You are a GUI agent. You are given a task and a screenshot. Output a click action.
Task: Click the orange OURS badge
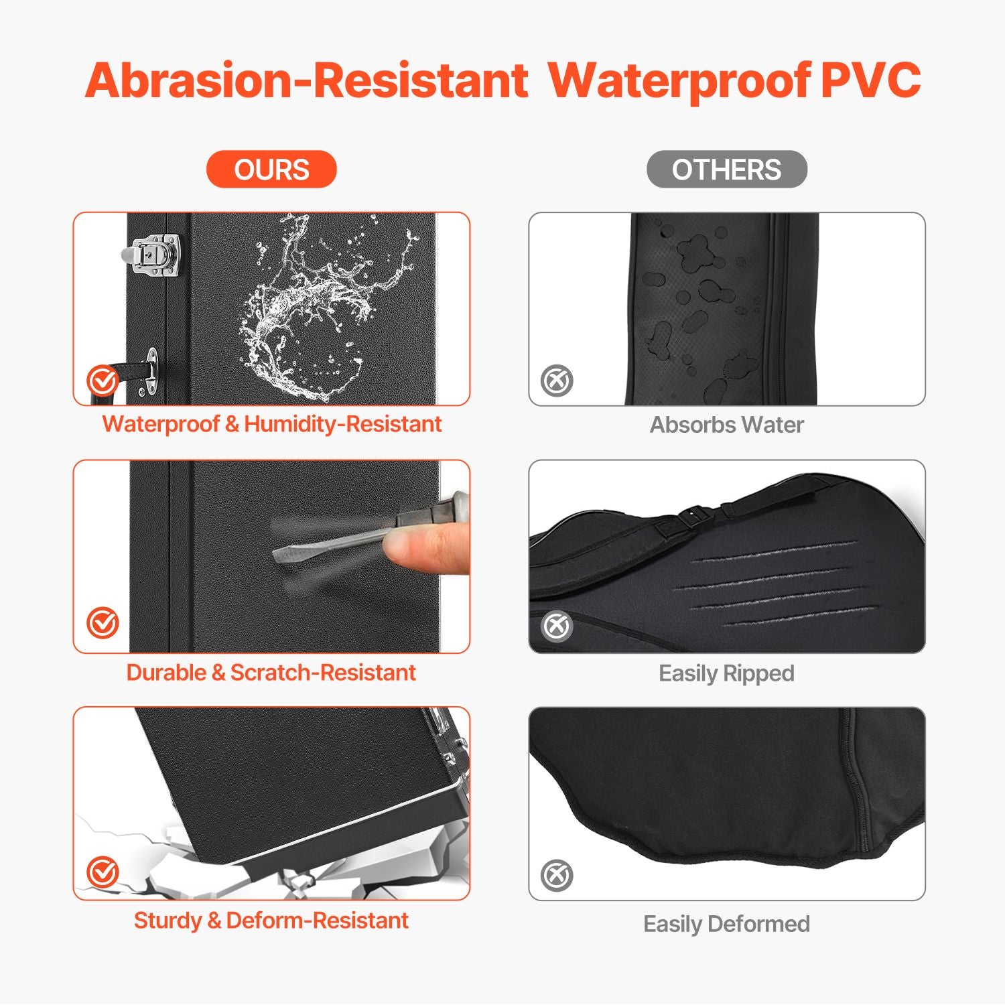(271, 169)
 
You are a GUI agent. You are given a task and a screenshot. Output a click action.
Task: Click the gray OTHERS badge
(727, 169)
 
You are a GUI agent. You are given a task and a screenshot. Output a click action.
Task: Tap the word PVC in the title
(870, 80)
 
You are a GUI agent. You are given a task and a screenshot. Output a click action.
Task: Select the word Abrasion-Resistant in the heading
(307, 80)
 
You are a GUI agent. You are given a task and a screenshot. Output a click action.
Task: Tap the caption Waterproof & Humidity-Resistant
(271, 424)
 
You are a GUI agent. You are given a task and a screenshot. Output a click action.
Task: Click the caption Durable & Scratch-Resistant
(271, 672)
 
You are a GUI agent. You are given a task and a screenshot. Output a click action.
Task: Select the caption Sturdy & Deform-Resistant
(271, 920)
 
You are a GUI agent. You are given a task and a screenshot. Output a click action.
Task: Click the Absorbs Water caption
(727, 425)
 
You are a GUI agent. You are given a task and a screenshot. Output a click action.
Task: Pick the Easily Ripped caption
(727, 673)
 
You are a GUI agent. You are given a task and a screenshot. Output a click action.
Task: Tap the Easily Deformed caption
(727, 924)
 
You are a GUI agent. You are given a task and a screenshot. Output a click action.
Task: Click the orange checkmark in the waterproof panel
(103, 381)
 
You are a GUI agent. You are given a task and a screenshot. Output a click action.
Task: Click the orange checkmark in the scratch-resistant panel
(103, 623)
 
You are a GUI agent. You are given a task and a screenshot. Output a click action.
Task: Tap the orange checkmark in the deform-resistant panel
(103, 872)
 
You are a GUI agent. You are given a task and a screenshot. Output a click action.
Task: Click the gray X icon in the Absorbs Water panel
(557, 381)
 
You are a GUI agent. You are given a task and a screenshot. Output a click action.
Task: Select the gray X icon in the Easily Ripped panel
(557, 626)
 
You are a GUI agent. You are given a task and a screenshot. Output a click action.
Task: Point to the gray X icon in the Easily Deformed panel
(557, 875)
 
